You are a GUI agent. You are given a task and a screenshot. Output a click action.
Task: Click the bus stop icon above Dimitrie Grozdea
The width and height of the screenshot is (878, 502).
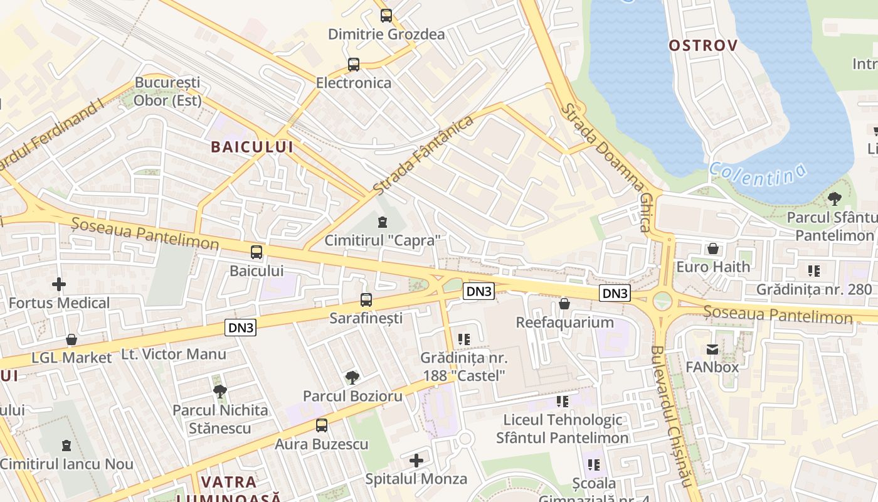click(x=386, y=16)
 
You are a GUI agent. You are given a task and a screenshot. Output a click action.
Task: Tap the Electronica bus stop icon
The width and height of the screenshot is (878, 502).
click(x=354, y=64)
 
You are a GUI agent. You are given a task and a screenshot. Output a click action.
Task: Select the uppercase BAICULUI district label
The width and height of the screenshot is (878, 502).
click(x=252, y=147)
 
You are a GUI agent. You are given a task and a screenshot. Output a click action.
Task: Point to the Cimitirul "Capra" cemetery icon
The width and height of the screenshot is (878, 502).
click(x=382, y=222)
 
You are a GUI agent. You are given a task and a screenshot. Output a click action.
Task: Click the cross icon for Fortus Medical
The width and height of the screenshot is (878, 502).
click(x=59, y=284)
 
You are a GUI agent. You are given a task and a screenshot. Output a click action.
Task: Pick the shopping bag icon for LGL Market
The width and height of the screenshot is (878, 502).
click(x=71, y=339)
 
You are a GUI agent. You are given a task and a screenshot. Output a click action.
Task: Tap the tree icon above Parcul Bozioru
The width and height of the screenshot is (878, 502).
click(x=352, y=378)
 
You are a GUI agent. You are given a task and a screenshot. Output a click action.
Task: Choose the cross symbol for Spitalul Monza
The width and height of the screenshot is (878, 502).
click(x=416, y=461)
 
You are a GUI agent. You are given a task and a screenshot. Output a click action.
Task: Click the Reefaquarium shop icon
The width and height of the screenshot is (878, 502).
click(x=564, y=304)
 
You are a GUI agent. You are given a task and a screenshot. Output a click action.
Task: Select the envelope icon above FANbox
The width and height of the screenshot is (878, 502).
click(x=712, y=349)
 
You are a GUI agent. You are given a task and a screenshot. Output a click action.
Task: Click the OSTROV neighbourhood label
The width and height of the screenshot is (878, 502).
click(x=703, y=45)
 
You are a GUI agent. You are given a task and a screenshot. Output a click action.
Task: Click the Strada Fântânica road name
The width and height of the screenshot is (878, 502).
click(x=423, y=154)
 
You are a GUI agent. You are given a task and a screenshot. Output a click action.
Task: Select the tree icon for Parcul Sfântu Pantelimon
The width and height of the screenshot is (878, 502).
click(x=834, y=199)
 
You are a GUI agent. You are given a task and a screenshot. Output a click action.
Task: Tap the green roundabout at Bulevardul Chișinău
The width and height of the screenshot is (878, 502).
click(x=662, y=301)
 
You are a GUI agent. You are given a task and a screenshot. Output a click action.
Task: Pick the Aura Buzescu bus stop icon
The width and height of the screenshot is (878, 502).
click(x=322, y=425)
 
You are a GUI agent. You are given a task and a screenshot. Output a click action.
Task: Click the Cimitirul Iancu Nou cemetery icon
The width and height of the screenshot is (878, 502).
click(x=66, y=446)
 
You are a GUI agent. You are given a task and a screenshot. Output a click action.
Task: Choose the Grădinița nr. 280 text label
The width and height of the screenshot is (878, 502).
click(x=814, y=289)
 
